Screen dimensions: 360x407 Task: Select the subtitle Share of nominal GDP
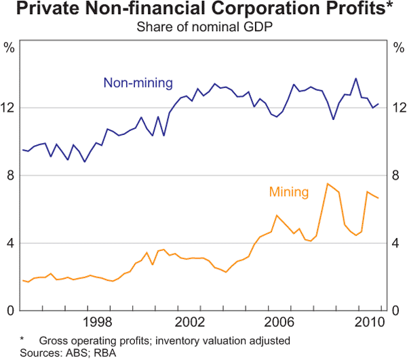pyautogui.click(x=203, y=27)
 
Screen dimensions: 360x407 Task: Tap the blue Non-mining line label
pyautogui.click(x=138, y=83)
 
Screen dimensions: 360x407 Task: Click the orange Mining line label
pyautogui.click(x=289, y=192)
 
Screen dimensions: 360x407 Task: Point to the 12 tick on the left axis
pyautogui.click(x=9, y=108)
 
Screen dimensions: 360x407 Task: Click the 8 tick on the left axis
pyautogui.click(x=9, y=176)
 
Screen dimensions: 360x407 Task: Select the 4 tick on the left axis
pyautogui.click(x=9, y=243)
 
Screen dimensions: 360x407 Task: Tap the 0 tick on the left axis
pyautogui.click(x=9, y=311)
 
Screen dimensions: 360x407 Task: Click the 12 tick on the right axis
pyautogui.click(x=398, y=108)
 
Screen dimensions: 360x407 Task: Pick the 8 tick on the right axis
pyautogui.click(x=398, y=176)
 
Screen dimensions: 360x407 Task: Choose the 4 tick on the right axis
pyautogui.click(x=398, y=243)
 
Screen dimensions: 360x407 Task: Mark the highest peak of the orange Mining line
pyautogui.click(x=328, y=184)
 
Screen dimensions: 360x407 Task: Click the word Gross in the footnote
pyautogui.click(x=56, y=340)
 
